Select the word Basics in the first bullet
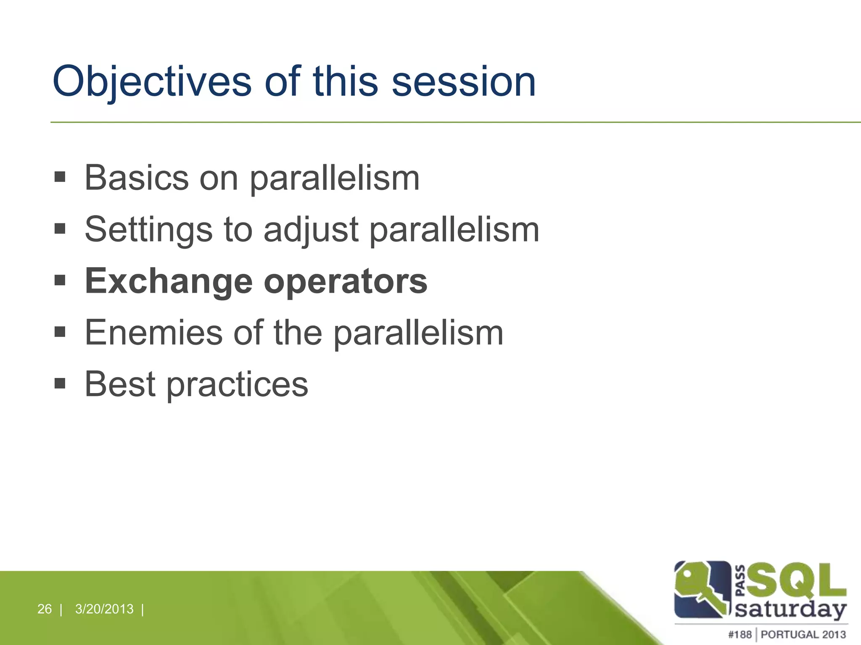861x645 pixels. pyautogui.click(x=137, y=178)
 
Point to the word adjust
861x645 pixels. pyautogui.click(x=311, y=230)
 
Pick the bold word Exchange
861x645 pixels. pyautogui.click(x=169, y=282)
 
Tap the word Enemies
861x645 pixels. pyautogui.click(x=153, y=333)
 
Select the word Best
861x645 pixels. pyautogui.click(x=120, y=384)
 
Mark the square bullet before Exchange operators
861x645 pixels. pyautogui.click(x=60, y=280)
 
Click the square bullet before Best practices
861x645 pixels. pyautogui.click(x=60, y=383)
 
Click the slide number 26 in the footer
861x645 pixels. pyautogui.click(x=45, y=609)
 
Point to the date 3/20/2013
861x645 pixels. pyautogui.click(x=104, y=609)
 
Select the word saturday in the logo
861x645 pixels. pyautogui.click(x=790, y=609)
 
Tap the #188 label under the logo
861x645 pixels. pyautogui.click(x=740, y=635)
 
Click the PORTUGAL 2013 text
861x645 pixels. pyautogui.click(x=803, y=635)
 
